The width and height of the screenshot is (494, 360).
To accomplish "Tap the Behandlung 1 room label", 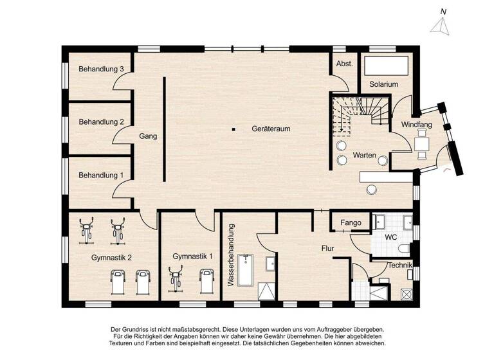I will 101,175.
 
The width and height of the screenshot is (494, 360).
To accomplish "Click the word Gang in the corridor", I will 148,136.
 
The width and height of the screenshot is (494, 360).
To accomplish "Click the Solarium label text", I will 383,84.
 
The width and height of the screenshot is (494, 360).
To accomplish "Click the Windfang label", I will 416,124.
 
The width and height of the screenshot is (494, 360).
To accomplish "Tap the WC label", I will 391,237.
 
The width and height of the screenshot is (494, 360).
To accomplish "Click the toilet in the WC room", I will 404,249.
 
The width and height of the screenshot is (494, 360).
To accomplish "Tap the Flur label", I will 329,247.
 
